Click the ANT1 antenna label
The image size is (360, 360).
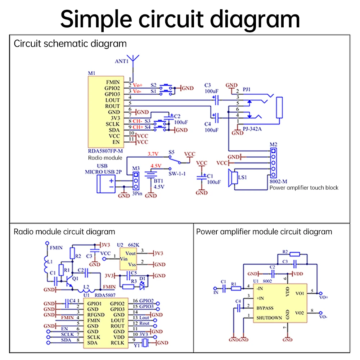pos(121,61)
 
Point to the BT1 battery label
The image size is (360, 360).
pos(158,181)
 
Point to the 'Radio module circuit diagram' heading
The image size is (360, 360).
pos(64,232)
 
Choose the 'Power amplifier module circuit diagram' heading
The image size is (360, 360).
pos(264,232)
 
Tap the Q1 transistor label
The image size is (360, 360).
pos(75,279)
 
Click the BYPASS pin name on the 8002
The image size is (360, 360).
pos(265,308)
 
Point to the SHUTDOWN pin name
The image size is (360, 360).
pos(269,318)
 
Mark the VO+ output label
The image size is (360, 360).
pos(323,297)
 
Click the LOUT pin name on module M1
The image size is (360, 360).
pos(112,100)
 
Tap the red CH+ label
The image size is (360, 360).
pos(138,127)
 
